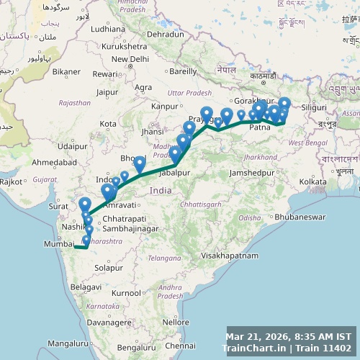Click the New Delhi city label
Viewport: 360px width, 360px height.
pyautogui.click(x=130, y=59)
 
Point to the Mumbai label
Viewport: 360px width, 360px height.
pyautogui.click(x=59, y=245)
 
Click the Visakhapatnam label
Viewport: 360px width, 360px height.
pyautogui.click(x=230, y=256)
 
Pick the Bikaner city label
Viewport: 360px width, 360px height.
pyautogui.click(x=67, y=71)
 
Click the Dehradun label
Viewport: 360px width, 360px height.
pyautogui.click(x=166, y=34)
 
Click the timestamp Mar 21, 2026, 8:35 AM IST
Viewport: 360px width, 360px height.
pyautogui.click(x=289, y=336)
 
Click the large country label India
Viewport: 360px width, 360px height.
pyautogui.click(x=161, y=191)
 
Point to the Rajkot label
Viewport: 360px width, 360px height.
pyautogui.click(x=11, y=182)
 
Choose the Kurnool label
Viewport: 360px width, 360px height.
pyautogui.click(x=126, y=293)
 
